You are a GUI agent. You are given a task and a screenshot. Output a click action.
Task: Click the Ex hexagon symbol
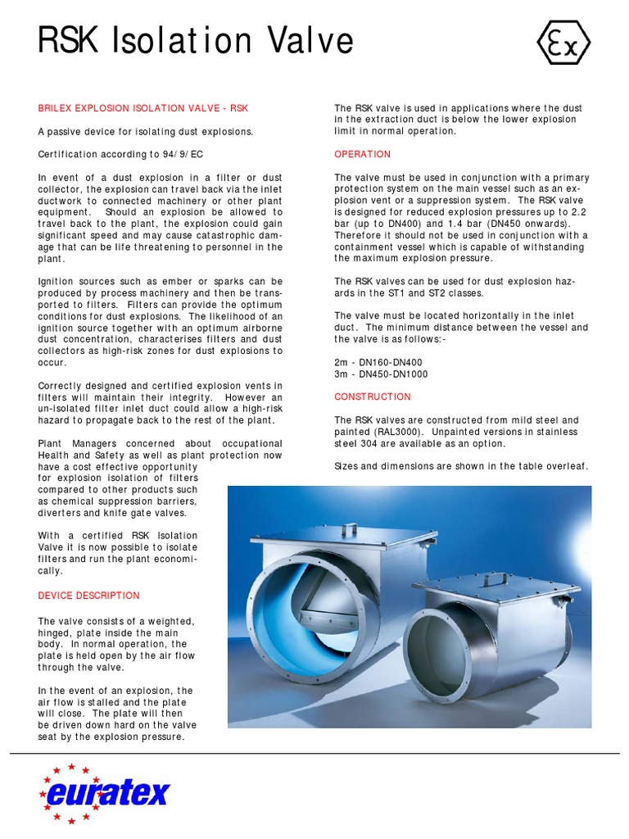click(563, 43)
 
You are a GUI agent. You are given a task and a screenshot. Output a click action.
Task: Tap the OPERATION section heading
click(362, 154)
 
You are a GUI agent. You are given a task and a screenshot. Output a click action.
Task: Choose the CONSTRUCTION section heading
click(373, 397)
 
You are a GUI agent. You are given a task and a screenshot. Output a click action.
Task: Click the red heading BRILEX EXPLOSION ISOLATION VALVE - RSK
click(143, 108)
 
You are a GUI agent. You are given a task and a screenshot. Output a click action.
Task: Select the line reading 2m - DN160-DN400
click(381, 362)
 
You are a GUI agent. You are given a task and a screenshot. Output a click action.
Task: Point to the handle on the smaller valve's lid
click(495, 578)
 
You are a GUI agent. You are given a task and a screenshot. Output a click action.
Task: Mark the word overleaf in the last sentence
click(565, 466)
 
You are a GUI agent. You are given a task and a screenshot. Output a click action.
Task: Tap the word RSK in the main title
click(67, 41)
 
